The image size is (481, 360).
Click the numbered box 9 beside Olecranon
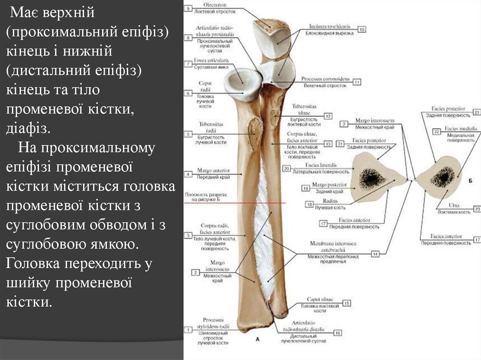[x=188, y=8]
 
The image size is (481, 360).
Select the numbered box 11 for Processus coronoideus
[x=357, y=82]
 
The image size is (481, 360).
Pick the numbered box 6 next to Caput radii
[x=188, y=93]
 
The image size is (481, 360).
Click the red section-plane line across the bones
[x=263, y=203]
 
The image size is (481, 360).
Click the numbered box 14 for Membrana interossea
[x=375, y=254]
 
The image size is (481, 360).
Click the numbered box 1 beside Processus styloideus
[x=188, y=330]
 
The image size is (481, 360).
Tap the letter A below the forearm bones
[x=257, y=338]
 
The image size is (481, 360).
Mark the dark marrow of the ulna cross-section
[x=442, y=177]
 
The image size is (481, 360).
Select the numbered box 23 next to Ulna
[x=477, y=209]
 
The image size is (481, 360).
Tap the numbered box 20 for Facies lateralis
[x=286, y=168]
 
